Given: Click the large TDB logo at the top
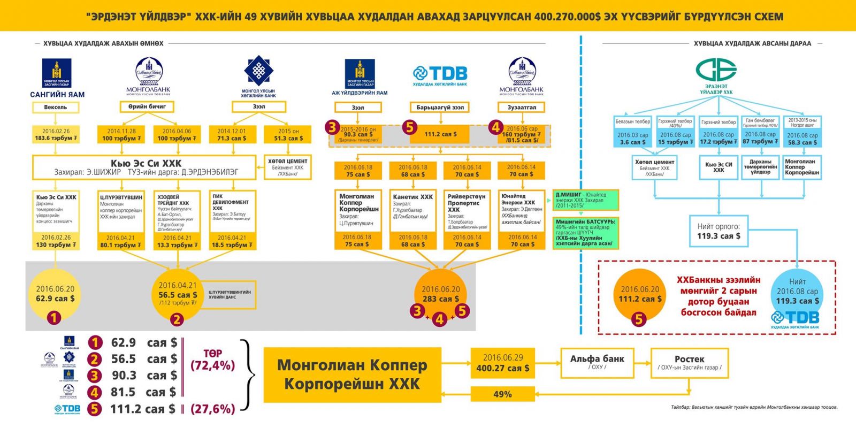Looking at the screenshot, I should (440, 75).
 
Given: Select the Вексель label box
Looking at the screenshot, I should (56, 108).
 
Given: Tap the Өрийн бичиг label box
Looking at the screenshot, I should (147, 107).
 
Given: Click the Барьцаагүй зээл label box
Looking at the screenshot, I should (440, 108).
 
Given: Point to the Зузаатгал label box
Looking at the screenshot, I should (522, 108).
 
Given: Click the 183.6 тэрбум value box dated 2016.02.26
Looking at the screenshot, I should (56, 135).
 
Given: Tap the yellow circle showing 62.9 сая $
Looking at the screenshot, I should (55, 295).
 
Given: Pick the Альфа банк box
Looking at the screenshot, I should (597, 362).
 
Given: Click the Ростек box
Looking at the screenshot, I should (689, 362).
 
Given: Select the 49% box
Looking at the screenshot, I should (502, 394).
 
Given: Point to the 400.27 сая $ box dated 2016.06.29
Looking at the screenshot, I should (502, 363).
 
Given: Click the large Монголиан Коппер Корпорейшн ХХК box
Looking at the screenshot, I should (352, 374).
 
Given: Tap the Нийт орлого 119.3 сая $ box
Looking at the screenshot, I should (719, 231).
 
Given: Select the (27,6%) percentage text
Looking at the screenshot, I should (212, 409).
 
